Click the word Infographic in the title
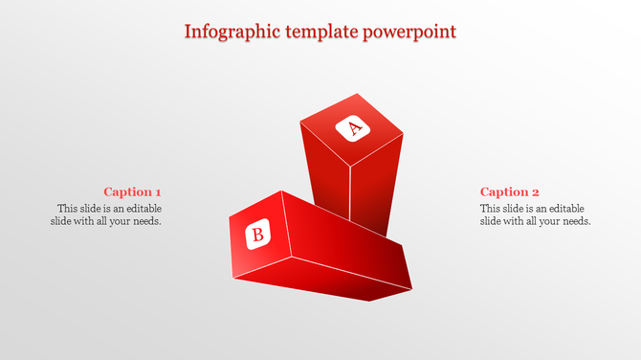(x=232, y=31)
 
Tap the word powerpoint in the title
(x=410, y=31)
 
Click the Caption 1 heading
(x=132, y=191)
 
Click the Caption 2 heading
(x=510, y=191)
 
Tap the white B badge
(x=257, y=234)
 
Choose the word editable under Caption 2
(x=564, y=208)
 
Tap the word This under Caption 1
(x=68, y=208)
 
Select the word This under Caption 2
(x=491, y=208)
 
